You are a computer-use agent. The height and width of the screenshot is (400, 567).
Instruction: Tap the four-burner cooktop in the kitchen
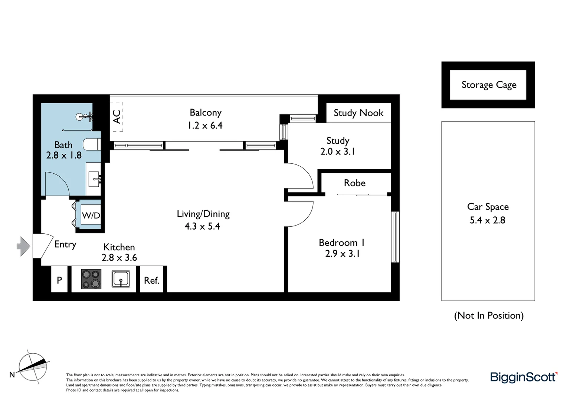coord(91,279)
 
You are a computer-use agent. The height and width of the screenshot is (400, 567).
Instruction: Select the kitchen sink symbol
coord(121,279)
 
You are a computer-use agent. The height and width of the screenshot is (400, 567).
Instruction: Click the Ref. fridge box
coord(151,280)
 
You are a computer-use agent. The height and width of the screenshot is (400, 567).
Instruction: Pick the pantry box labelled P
coord(59,280)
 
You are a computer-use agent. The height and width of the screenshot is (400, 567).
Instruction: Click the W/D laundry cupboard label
coord(91,215)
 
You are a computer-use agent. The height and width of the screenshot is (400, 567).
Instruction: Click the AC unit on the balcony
coord(117,116)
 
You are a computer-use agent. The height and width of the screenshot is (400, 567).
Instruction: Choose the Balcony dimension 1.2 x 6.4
coord(205,126)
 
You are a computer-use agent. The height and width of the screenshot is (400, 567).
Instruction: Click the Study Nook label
coord(358,113)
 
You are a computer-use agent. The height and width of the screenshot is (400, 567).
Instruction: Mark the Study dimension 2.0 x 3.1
coord(338,151)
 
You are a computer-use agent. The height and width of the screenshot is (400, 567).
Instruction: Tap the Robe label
coord(355,183)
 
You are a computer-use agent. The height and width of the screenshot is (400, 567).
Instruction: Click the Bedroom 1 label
coord(342,243)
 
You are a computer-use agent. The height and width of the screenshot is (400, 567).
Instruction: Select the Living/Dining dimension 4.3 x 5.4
coord(202,226)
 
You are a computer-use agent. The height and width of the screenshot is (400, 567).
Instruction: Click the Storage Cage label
coord(489,85)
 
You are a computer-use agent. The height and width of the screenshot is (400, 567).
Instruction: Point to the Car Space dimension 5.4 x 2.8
coord(488,220)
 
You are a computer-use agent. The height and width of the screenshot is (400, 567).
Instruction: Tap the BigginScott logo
coord(524,377)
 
